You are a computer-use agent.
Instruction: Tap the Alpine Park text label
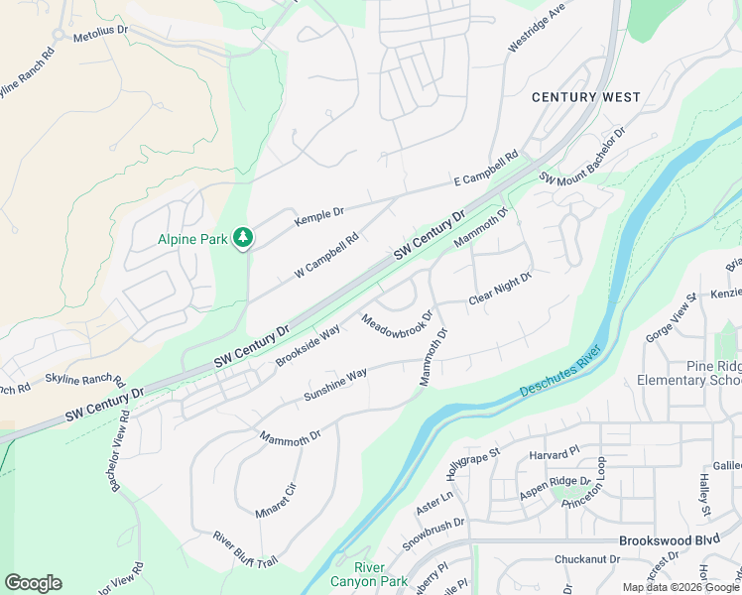192,239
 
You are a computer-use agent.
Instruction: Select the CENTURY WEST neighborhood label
585,97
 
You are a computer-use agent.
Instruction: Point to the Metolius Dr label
97,30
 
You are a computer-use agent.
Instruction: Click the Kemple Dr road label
318,217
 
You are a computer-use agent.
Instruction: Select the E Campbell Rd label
486,169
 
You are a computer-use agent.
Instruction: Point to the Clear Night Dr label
500,289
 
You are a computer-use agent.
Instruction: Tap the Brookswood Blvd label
668,541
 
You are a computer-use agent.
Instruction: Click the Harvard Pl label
553,453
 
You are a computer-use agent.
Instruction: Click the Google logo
33,582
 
